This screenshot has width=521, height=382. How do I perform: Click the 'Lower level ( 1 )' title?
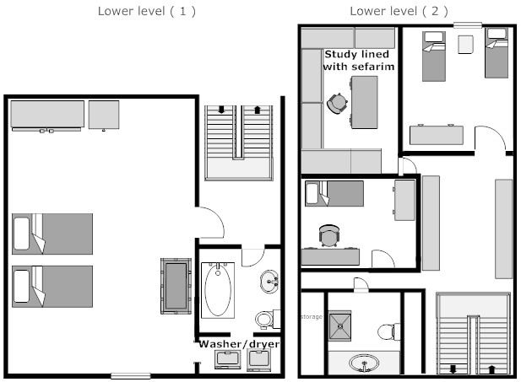[x=147, y=11]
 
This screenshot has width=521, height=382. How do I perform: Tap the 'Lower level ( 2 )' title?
[x=399, y=11]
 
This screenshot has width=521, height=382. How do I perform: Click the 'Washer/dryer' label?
[x=239, y=344]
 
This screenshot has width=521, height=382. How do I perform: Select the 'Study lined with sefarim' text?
[x=358, y=61]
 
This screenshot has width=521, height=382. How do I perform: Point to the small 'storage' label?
[x=312, y=316]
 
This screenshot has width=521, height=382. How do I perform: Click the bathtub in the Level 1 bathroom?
[x=218, y=290]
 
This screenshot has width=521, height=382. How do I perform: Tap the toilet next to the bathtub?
[x=268, y=319]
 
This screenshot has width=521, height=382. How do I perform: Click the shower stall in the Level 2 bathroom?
[x=340, y=326]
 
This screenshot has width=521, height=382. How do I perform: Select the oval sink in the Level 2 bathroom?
[x=364, y=363]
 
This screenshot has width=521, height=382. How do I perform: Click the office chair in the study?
[x=337, y=103]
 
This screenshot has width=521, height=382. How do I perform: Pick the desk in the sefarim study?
[x=364, y=102]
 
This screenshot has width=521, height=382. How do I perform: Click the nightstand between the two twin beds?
[x=465, y=45]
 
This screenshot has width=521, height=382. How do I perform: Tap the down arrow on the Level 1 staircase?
[x=221, y=110]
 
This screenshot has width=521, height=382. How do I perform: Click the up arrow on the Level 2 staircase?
[x=492, y=369]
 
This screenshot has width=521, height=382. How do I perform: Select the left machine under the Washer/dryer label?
[x=228, y=359]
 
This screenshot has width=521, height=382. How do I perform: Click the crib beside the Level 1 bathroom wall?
[x=176, y=286]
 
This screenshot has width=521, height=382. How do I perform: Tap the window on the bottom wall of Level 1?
[x=131, y=376]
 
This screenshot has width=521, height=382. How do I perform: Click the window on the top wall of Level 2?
[x=468, y=25]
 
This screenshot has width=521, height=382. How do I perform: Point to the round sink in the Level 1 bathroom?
[x=269, y=282]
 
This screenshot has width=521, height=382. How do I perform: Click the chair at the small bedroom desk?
[x=329, y=235]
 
